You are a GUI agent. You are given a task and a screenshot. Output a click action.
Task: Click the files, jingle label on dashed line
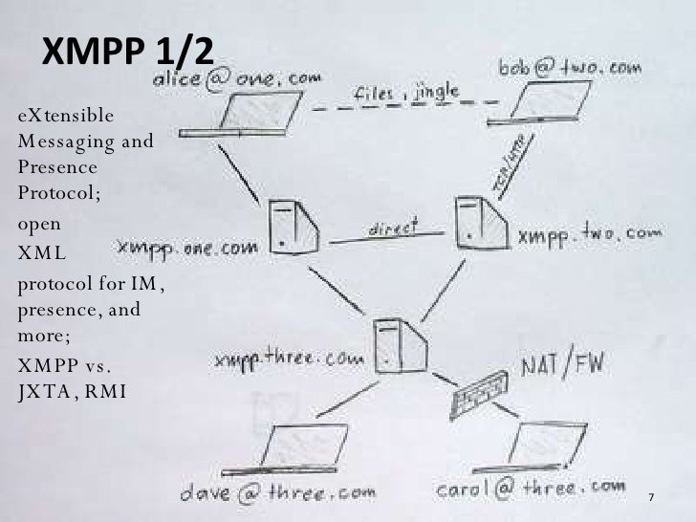[x=406, y=93]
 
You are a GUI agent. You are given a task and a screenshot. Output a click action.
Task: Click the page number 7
[x=651, y=500]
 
